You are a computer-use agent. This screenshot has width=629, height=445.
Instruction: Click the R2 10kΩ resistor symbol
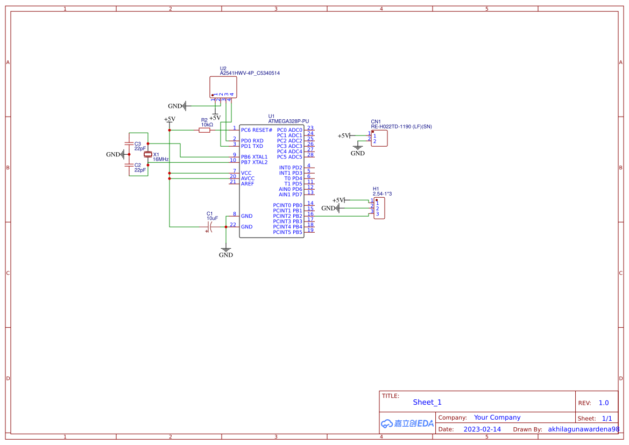click(x=204, y=130)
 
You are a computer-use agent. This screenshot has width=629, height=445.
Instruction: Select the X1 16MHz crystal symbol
click(x=149, y=155)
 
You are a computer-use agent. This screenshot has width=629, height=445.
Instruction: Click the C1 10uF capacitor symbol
click(x=210, y=227)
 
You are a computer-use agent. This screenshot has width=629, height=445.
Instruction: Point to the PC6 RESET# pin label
click(x=257, y=130)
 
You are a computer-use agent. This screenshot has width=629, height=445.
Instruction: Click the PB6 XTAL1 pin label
click(x=254, y=157)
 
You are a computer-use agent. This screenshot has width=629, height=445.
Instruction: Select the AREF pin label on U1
click(x=248, y=184)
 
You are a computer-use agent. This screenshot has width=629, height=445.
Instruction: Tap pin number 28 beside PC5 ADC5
click(x=310, y=155)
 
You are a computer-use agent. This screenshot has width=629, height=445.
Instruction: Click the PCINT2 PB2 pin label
click(x=287, y=216)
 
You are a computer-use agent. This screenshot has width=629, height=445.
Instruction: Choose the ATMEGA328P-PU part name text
click(x=288, y=122)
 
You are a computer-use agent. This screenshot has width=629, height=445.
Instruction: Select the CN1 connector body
click(x=379, y=138)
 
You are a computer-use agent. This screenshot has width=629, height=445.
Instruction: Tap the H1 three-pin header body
click(x=379, y=208)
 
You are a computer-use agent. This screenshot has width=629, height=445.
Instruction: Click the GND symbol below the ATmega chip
click(x=226, y=253)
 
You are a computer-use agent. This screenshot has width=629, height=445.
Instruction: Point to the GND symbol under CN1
click(x=358, y=150)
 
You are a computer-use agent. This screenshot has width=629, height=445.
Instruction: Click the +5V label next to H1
click(x=338, y=200)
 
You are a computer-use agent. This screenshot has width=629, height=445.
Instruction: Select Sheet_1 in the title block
click(x=427, y=402)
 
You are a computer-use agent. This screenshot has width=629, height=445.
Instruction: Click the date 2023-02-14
click(x=482, y=429)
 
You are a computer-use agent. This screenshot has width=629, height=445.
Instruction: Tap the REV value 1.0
click(x=604, y=403)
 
